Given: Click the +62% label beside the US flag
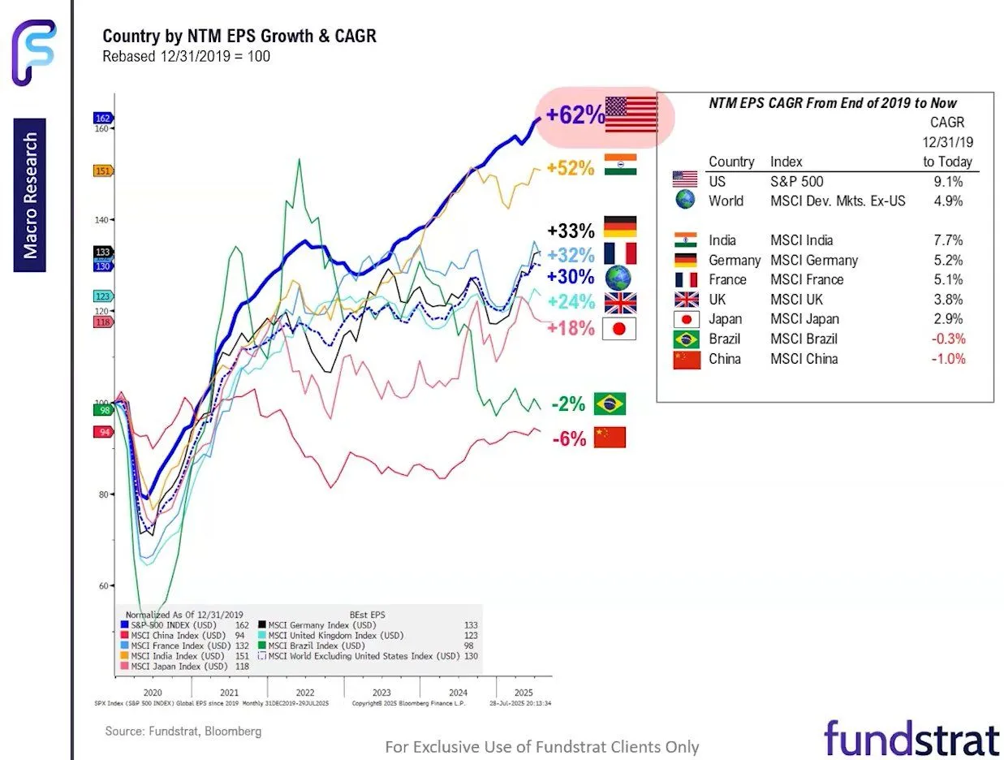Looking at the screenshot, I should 575,114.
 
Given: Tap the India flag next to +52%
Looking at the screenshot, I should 620,165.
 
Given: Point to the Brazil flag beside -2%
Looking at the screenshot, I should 610,404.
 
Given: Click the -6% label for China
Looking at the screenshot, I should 569,438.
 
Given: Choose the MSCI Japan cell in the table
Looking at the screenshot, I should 804,319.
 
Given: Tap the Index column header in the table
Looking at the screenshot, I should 786,162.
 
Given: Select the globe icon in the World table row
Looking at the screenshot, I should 685,201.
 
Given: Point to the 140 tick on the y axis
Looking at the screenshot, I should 101,220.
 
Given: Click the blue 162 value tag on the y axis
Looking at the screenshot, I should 104,119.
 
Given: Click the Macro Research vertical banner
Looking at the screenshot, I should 30,196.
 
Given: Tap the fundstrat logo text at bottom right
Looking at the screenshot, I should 911,740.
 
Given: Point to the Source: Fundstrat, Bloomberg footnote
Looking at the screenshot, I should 183,732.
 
